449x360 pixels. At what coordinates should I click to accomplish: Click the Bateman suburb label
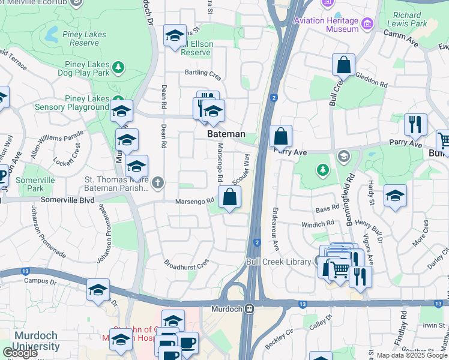tap(226, 134)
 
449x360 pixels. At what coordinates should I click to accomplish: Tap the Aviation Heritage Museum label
tap(326, 25)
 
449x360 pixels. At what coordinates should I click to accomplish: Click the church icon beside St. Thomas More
tap(158, 182)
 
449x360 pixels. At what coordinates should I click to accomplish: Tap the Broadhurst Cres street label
tap(187, 263)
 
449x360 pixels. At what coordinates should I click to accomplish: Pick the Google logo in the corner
tap(20, 353)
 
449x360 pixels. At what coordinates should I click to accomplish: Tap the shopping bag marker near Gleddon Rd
tap(343, 65)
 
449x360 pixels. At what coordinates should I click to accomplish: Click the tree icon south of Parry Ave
tap(322, 170)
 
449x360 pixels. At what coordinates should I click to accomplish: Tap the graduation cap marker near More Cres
tap(395, 196)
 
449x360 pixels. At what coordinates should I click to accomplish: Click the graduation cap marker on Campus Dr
tap(98, 290)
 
